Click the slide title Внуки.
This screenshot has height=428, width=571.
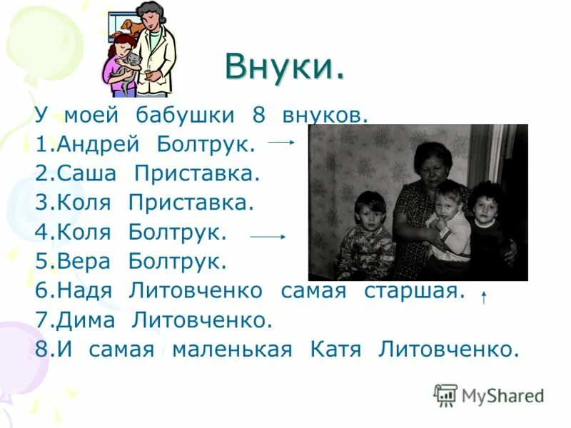(x=285, y=68)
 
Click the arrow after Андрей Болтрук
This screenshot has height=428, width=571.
(x=281, y=143)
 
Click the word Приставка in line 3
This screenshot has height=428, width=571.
(x=191, y=203)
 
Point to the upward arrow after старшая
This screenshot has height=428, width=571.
(x=484, y=297)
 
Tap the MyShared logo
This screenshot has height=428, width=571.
(x=489, y=394)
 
